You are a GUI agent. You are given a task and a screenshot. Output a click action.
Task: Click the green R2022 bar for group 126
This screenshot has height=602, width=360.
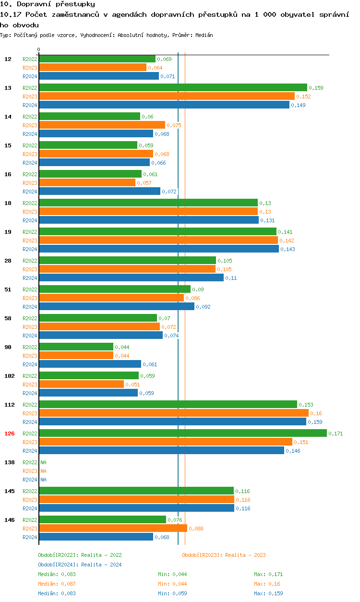(x=182, y=433)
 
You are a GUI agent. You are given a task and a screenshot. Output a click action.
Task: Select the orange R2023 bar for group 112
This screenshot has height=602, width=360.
(x=173, y=413)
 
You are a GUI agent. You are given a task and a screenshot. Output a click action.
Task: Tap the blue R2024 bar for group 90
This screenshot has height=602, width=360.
(x=90, y=364)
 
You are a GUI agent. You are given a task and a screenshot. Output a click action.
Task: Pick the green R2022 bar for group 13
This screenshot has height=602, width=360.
(x=173, y=87)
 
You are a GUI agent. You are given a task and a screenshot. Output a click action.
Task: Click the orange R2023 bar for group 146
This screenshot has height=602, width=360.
(x=113, y=528)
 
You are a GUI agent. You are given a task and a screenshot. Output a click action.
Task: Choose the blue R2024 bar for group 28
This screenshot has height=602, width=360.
(x=131, y=277)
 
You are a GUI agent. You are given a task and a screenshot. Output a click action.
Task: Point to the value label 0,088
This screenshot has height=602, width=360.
(x=196, y=529)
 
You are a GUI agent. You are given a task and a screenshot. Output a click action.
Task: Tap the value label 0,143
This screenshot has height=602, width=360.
(x=288, y=249)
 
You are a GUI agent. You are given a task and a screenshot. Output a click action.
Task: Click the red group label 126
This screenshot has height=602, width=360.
(x=10, y=433)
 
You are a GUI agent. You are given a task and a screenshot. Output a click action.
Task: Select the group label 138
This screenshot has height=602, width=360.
(x=10, y=462)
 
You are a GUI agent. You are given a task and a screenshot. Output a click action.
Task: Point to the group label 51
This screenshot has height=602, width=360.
(x=8, y=289)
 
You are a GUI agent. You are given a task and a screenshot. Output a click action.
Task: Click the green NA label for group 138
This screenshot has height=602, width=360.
(x=43, y=462)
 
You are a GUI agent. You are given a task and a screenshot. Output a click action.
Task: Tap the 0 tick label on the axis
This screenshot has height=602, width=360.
(x=39, y=50)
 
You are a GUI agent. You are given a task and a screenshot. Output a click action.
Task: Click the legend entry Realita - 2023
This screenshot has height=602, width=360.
(x=224, y=555)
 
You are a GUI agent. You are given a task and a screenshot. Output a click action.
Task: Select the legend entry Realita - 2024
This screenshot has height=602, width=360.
(x=80, y=565)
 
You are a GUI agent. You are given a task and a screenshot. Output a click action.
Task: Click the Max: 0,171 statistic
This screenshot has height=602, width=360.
(x=268, y=574)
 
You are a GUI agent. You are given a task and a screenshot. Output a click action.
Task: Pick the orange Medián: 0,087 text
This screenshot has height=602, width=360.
(x=57, y=584)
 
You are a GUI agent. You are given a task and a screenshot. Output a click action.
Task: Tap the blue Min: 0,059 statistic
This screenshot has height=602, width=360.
(x=172, y=593)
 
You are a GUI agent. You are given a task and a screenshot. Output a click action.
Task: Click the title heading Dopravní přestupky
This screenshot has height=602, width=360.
(x=48, y=4)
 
